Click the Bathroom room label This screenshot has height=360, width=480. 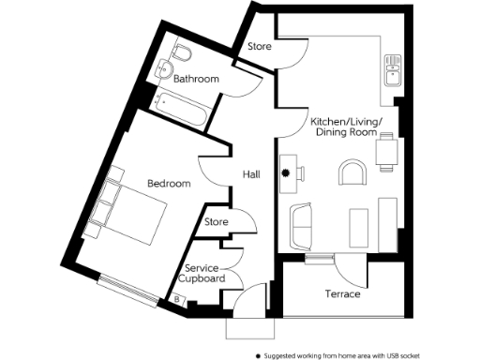196,80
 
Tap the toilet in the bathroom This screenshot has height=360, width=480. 183,50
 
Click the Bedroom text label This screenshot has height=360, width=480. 170,183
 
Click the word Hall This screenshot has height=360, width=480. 250,173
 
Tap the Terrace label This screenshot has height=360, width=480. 341,293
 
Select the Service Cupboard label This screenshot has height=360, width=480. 203,273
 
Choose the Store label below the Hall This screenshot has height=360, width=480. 217,222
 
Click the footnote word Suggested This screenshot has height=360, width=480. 283,355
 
